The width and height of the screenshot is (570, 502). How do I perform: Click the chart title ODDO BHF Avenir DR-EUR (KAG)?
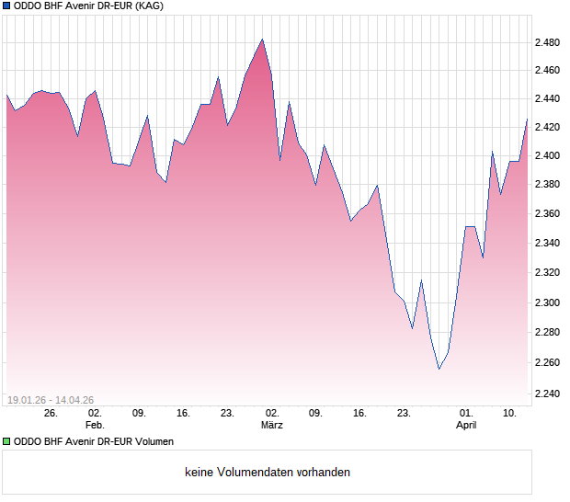[82, 7]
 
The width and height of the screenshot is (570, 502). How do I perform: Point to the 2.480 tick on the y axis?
[549, 42]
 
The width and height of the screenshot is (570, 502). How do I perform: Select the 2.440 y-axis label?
[549, 99]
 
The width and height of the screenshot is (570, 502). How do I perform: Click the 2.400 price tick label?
[549, 155]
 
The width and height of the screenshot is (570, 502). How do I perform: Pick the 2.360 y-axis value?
[549, 214]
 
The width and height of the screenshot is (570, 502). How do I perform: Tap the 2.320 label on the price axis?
[549, 273]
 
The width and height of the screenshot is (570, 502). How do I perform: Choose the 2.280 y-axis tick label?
[549, 332]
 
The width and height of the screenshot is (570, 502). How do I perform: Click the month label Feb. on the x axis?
[95, 425]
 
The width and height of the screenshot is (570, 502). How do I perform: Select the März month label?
[271, 425]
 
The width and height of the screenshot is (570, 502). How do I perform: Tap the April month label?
[466, 425]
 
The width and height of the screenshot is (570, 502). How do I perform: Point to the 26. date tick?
[51, 414]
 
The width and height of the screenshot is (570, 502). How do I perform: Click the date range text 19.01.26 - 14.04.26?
[51, 399]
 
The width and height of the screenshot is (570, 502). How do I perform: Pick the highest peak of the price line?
[262, 40]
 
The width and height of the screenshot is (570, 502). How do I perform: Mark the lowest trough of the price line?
[439, 369]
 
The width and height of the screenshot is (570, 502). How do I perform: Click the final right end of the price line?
[528, 118]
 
